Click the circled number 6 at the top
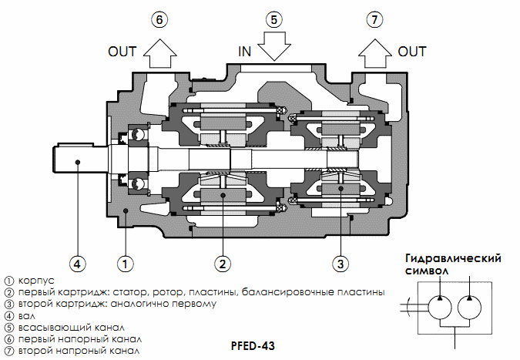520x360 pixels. [x=159, y=20]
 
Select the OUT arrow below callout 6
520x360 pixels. [x=159, y=53]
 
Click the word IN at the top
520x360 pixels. [x=245, y=52]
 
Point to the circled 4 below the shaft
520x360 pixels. [x=76, y=264]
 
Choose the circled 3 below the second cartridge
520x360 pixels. [x=341, y=264]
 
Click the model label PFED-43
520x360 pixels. [x=253, y=346]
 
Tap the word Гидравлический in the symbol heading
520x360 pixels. [x=448, y=258]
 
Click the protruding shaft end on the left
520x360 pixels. [x=77, y=161]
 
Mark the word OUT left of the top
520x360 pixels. [x=122, y=52]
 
